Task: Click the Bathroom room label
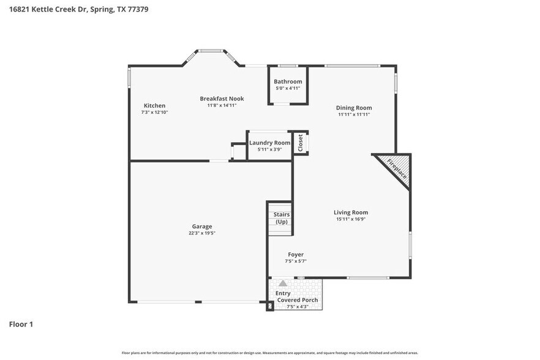(288, 81)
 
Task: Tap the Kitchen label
(154, 105)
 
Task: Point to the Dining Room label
(354, 108)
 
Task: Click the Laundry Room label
(269, 143)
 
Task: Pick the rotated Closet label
(300, 143)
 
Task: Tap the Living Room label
(351, 212)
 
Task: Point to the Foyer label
(296, 254)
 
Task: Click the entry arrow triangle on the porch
(283, 284)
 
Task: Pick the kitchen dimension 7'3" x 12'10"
(154, 112)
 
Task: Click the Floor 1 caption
(21, 324)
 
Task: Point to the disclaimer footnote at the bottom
(269, 353)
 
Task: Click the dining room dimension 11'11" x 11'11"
(354, 114)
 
